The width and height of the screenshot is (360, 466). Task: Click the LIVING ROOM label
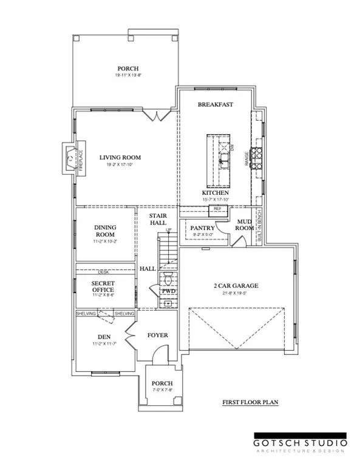116,157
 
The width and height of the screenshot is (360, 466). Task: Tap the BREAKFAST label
216,104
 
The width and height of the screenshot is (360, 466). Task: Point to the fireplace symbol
70,157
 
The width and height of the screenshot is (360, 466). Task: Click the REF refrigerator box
217,209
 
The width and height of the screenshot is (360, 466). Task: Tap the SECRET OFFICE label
103,286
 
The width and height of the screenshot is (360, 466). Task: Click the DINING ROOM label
104,231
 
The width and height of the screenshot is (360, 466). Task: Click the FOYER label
158,335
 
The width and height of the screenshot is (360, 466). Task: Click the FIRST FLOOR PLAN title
249,402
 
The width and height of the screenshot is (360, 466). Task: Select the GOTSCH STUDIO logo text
299,442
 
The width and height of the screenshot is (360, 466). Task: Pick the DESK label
104,272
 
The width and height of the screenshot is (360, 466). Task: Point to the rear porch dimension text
128,76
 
